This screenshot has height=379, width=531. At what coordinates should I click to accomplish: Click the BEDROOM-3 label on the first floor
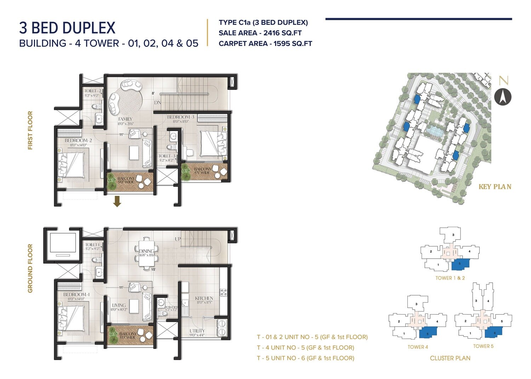181,117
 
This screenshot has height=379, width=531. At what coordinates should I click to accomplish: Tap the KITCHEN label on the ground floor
204,298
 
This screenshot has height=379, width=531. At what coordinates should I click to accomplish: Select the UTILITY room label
197,331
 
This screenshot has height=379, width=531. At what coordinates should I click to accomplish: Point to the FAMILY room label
125,119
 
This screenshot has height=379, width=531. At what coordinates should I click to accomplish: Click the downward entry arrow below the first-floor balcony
117,202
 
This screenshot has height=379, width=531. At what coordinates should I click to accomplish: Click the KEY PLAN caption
495,187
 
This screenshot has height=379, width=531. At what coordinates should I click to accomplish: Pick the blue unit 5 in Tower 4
428,333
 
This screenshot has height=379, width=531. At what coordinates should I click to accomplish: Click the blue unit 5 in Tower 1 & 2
460,264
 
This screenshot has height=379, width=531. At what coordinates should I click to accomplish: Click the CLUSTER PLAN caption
450,358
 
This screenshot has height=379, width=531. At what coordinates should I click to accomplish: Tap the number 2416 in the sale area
273,33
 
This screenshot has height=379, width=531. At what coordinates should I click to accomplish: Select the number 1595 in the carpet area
283,44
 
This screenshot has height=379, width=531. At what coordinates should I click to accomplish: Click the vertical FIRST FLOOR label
30,130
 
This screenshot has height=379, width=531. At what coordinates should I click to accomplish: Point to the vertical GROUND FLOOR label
30,268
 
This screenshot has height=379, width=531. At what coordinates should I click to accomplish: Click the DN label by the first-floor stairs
158,103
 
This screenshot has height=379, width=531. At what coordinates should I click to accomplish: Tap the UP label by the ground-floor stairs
178,239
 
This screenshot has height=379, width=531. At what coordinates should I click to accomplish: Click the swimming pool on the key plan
434,132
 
